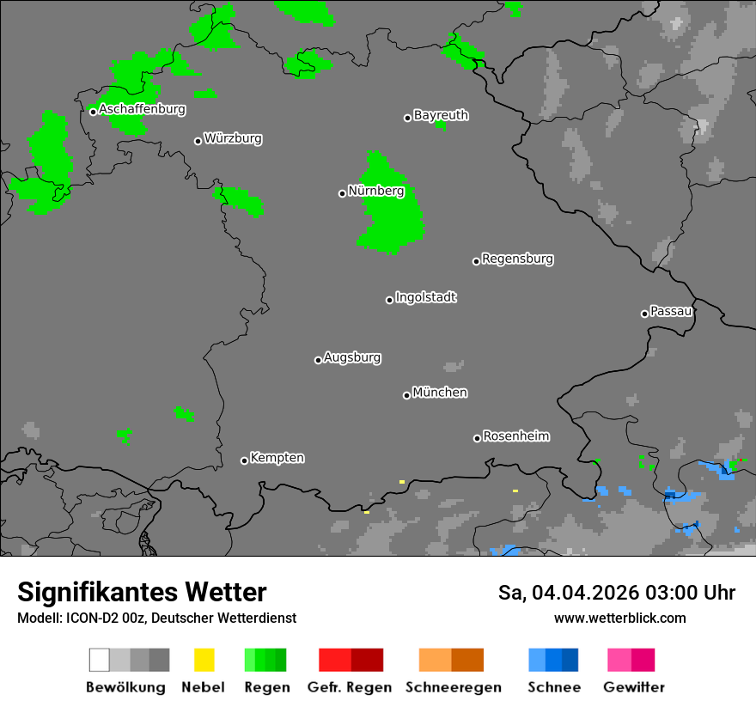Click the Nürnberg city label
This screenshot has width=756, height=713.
pyautogui.click(x=375, y=191)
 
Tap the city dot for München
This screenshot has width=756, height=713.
pyautogui.click(x=406, y=395)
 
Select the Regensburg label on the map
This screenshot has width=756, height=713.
pyautogui.click(x=517, y=259)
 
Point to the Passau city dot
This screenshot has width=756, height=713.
pyautogui.click(x=644, y=314)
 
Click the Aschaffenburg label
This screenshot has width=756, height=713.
pyautogui.click(x=142, y=109)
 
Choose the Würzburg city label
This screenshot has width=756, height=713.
pyautogui.click(x=233, y=138)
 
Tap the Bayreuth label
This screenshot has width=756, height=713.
pyautogui.click(x=441, y=115)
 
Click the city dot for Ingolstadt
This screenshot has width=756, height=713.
pyautogui.click(x=389, y=300)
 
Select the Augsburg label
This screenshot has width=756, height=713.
pyautogui.click(x=352, y=357)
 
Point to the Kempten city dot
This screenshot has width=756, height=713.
pyautogui.click(x=244, y=460)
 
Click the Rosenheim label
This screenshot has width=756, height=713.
pyautogui.click(x=515, y=436)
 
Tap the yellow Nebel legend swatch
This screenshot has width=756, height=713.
pyautogui.click(x=204, y=660)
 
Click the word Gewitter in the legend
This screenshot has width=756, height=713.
pyautogui.click(x=634, y=687)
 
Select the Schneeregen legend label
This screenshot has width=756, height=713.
pyautogui.click(x=454, y=687)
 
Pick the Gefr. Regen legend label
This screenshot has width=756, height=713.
pyautogui.click(x=351, y=687)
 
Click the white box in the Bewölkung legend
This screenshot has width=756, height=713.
pyautogui.click(x=100, y=660)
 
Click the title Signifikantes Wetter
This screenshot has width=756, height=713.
pyautogui.click(x=142, y=592)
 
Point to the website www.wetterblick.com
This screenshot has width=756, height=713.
pyautogui.click(x=619, y=618)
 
